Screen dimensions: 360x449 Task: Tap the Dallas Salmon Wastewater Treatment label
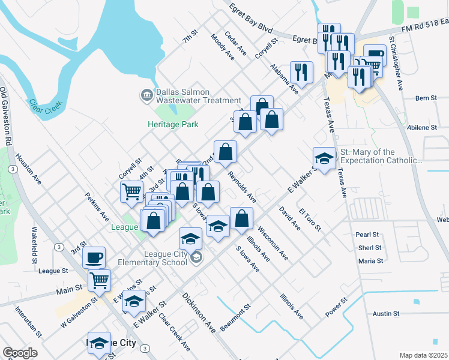coord(191,96)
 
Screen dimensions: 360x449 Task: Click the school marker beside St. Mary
coord(324,158)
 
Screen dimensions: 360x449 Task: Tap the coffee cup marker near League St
coord(94,258)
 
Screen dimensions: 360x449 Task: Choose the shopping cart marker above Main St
coord(99,280)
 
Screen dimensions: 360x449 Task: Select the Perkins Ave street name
coord(97,206)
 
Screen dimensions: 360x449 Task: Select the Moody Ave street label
coord(222,47)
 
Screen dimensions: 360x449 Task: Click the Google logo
coord(20,353)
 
